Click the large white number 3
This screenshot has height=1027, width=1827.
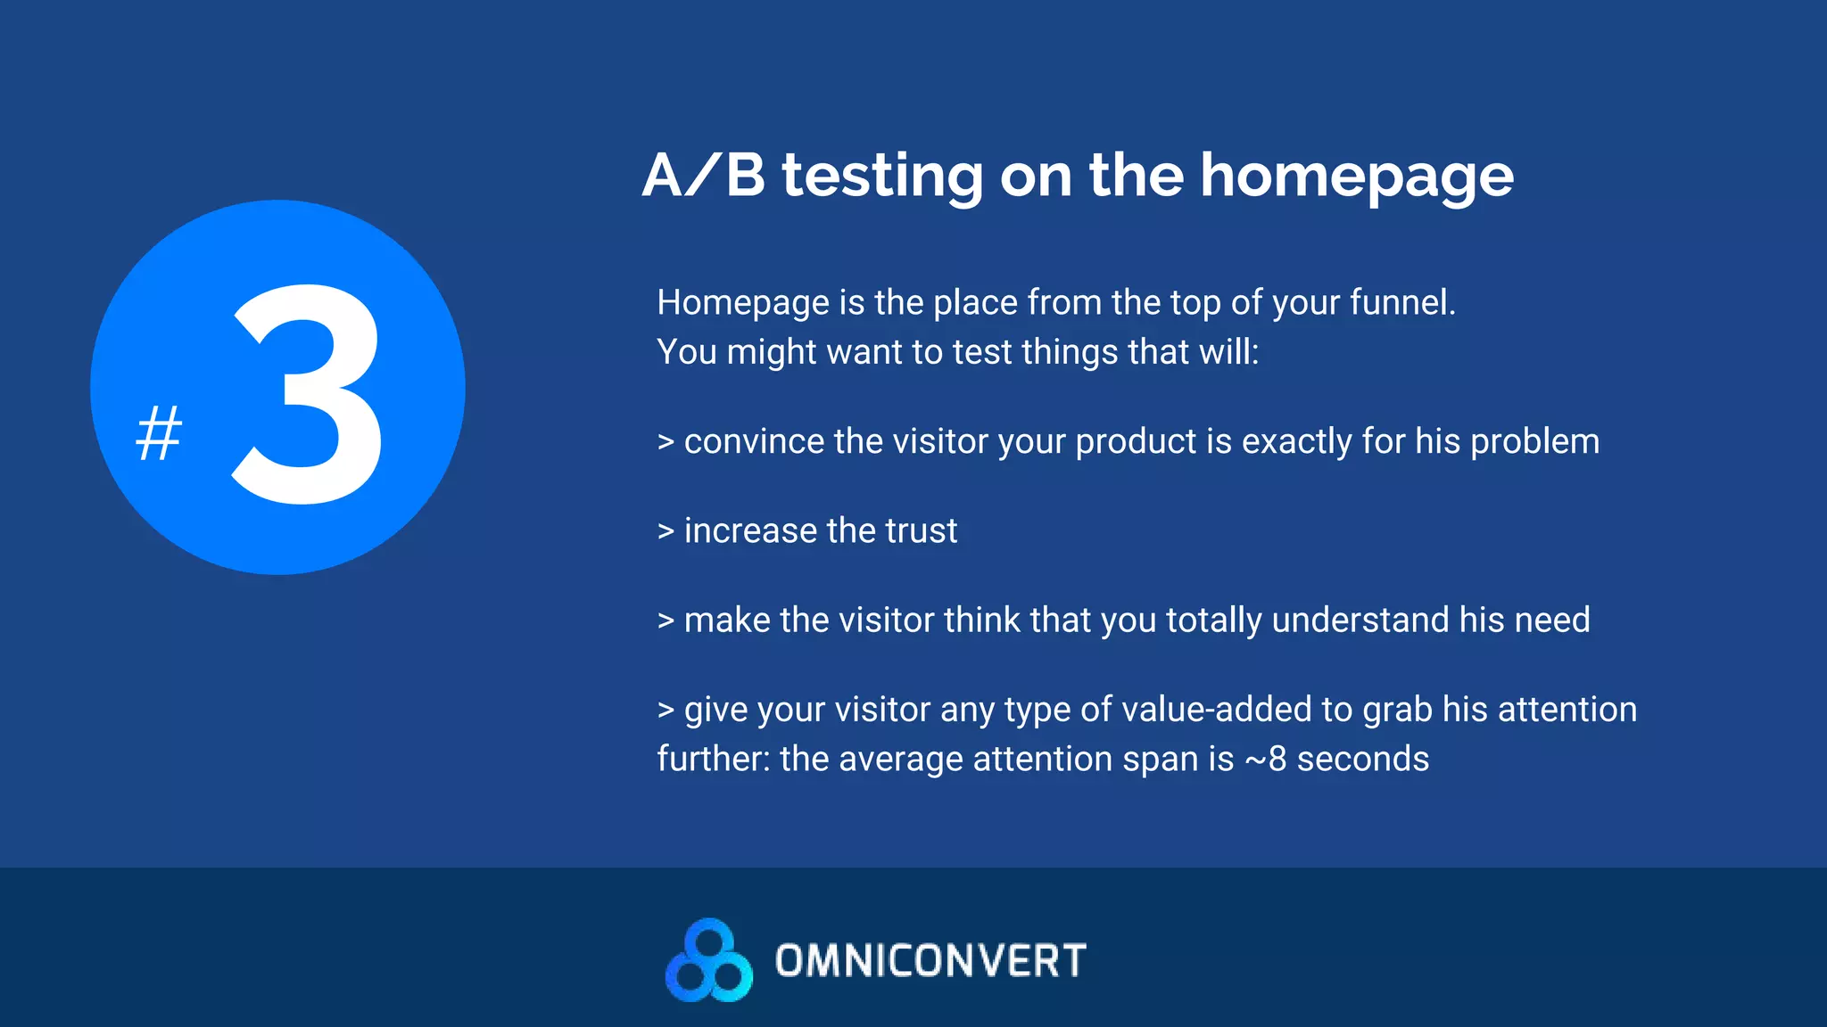308,394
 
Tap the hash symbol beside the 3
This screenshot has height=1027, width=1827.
159,433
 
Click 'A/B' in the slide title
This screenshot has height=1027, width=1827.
703,175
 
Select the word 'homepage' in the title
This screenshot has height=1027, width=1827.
1356,177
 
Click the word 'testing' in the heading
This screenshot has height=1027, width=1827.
882,177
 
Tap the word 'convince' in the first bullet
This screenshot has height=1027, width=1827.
754,442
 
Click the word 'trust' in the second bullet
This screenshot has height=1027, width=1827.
921,531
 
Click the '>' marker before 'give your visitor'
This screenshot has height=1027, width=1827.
665,711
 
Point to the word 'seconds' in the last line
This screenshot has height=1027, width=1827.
1362,760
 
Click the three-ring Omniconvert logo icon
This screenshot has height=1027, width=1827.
708,960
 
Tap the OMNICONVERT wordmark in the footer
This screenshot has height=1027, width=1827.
930,961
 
